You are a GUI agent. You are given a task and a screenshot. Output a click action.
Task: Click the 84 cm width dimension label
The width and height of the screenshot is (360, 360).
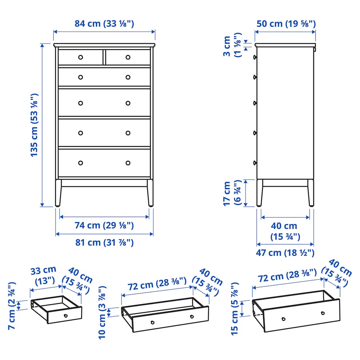click(104, 24)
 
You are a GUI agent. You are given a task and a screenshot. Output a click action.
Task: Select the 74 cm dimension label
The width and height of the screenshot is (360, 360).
click(104, 226)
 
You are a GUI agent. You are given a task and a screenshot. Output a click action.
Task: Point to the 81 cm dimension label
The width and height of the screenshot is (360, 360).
click(104, 242)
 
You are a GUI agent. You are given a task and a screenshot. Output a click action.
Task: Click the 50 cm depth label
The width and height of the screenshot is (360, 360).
click(286, 24)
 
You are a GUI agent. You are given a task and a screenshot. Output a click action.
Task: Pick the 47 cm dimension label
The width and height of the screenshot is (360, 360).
click(285, 253)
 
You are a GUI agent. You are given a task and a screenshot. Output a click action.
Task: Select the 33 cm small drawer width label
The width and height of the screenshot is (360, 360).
click(43, 275)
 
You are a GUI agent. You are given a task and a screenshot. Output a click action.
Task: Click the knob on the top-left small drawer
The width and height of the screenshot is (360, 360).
click(80, 57)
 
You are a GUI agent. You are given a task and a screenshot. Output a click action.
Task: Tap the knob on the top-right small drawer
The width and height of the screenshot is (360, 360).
click(128, 57)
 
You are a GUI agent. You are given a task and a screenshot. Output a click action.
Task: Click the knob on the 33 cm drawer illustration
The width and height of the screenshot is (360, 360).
click(66, 316)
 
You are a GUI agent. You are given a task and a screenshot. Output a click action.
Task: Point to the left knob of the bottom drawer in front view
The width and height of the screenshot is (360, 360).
click(80, 163)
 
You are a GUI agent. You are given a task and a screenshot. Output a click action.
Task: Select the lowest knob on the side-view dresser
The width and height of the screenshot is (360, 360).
click(254, 162)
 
